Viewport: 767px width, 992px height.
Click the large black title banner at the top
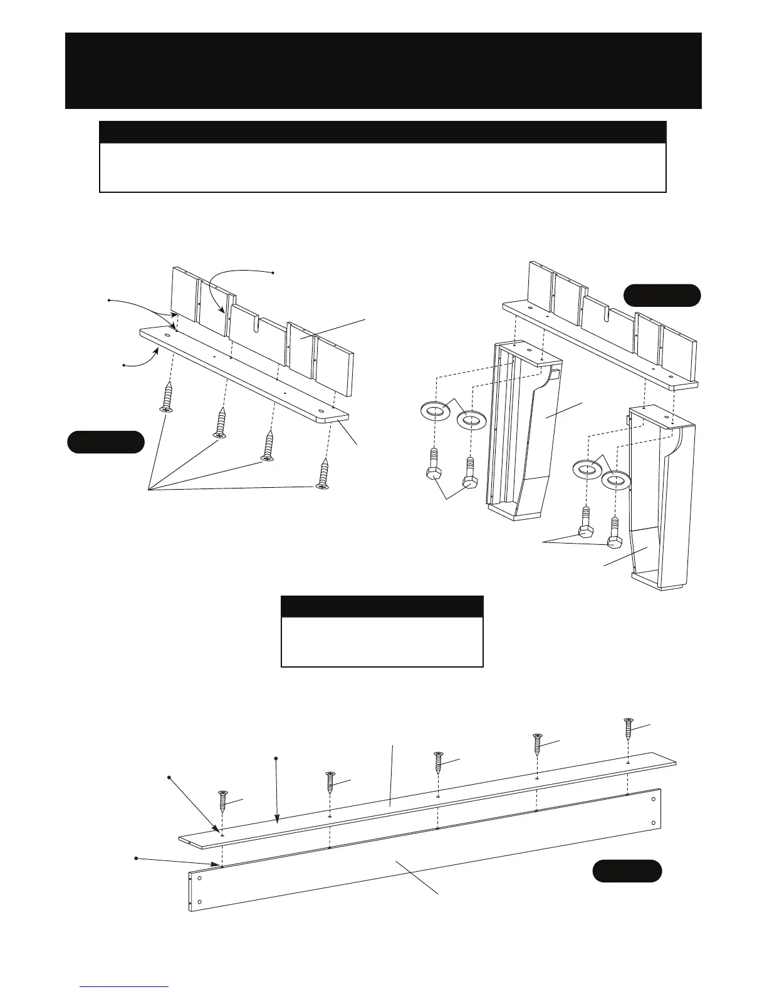tap(383, 70)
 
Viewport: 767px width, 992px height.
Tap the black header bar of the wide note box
tap(382, 132)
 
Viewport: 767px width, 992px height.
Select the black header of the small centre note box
tap(382, 607)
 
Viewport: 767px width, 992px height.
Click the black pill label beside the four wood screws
tap(106, 442)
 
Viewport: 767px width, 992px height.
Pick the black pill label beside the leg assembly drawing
tap(662, 295)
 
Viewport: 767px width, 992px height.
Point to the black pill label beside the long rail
tap(627, 871)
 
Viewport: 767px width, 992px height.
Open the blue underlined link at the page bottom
tap(124, 986)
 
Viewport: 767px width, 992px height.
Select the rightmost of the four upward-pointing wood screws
tap(323, 473)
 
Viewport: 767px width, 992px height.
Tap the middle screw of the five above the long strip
tap(439, 762)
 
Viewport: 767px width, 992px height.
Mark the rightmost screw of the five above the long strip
tap(629, 729)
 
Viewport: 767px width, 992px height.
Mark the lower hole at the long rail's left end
tap(199, 902)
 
